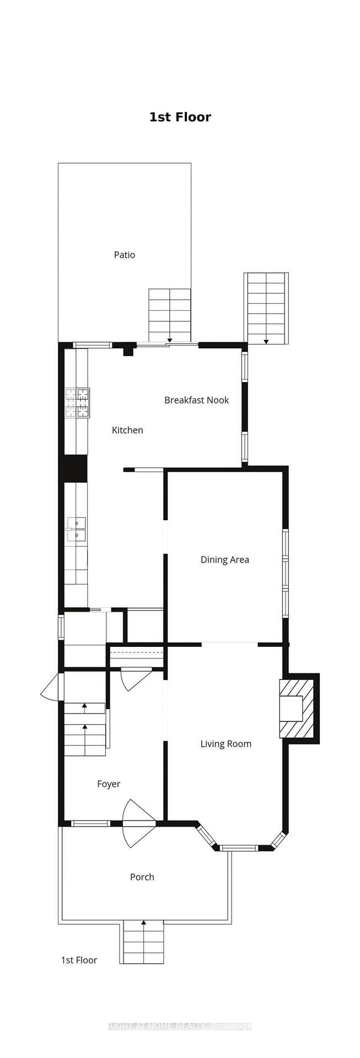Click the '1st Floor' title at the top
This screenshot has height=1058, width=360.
coord(180,117)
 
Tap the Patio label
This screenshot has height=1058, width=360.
coord(124,255)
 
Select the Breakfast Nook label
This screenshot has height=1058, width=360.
coord(196,400)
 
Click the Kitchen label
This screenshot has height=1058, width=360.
coord(127,430)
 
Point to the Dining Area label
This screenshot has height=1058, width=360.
coord(224,560)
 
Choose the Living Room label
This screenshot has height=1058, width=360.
coord(225,744)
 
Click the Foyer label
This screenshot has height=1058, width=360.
coord(109,784)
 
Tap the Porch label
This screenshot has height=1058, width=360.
coord(142,877)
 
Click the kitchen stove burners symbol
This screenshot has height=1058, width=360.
coord(77,403)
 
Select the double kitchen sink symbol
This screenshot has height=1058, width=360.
coord(77,528)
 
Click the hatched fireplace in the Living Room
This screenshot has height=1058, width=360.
coord(297,709)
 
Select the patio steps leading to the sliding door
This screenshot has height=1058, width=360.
coord(169,316)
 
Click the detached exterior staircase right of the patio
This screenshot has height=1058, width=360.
coord(266,309)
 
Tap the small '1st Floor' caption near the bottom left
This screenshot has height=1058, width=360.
coord(79,960)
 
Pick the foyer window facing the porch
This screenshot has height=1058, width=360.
coord(90,824)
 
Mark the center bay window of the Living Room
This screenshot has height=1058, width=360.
coord(238,848)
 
